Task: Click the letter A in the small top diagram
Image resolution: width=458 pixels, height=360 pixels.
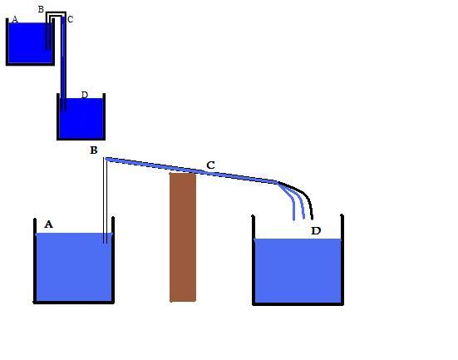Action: coord(15,19)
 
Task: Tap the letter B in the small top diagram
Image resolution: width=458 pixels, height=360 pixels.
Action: coord(41,9)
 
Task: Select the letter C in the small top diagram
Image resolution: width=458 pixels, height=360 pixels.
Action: coord(70,19)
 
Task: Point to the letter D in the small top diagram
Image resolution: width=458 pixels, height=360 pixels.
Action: coord(85,95)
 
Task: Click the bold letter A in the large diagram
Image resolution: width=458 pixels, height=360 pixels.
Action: coord(48,224)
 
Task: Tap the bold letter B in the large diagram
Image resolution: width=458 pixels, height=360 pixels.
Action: coord(94,150)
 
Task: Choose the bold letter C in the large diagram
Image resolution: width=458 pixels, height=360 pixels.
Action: coord(210,165)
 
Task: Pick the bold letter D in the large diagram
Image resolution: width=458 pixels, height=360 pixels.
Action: coord(316,231)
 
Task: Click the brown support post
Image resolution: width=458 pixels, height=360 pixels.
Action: coord(183,237)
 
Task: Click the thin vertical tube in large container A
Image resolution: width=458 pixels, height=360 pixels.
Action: coord(106,200)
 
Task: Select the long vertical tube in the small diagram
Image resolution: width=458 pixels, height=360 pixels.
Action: coord(63,64)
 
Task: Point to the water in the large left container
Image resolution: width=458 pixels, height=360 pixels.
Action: coord(74,267)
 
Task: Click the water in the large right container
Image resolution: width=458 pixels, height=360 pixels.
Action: coord(298,270)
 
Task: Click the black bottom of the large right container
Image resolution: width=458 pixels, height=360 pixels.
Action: coord(298,304)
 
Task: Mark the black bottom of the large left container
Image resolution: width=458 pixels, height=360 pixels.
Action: coord(74,303)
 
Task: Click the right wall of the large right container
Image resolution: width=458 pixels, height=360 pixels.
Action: coord(342,259)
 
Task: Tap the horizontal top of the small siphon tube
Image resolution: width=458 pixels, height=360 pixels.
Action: coord(56,12)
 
